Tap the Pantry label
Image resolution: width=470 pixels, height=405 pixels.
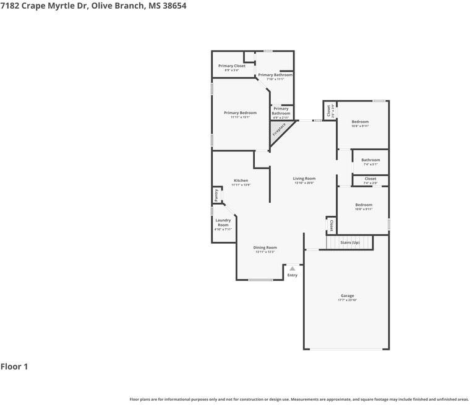coord(216,195)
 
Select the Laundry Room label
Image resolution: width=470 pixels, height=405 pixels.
coord(223,222)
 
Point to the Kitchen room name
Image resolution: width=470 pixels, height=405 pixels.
coord(241,181)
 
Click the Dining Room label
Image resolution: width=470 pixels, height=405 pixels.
coord(265,247)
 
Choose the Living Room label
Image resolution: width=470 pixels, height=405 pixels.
coord(304,179)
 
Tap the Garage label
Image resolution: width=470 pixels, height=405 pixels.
coord(348,296)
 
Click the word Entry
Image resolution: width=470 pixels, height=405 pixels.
coord(292,275)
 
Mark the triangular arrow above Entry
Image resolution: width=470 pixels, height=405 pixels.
coord(292,268)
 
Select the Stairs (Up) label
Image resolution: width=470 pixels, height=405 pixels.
coord(350,242)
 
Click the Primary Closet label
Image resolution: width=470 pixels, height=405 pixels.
coord(232,66)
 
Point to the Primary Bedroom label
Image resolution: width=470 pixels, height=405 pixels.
coord(240,113)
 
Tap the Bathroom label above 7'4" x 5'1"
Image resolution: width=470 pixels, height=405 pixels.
coord(370,160)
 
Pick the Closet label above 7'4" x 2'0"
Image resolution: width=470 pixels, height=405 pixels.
coord(370,179)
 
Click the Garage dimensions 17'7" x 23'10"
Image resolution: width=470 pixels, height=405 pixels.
coord(348,300)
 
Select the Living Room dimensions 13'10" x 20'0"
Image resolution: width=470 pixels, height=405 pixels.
coord(304,183)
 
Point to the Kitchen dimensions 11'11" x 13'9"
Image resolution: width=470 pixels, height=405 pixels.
coord(241,185)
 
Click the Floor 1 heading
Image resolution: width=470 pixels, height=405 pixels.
coord(14,367)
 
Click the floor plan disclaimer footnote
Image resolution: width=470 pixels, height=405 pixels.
coord(299,399)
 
